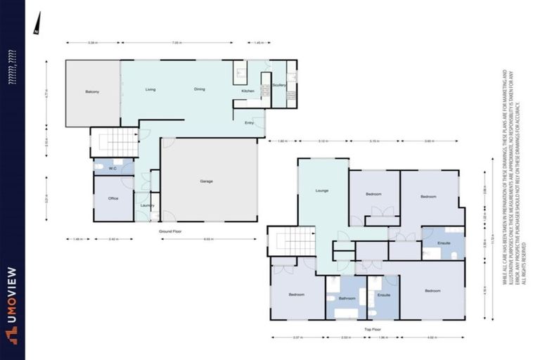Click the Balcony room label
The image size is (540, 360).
pos(92,92)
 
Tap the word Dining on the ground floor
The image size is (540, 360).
pos(200,89)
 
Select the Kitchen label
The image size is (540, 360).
pos(247,91)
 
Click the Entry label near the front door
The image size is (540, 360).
pos(249,123)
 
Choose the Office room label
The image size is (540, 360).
pos(113,198)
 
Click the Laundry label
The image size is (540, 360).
pos(147,205)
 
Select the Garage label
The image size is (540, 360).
pos(207,181)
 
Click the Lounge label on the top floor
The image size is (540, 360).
pos(322,191)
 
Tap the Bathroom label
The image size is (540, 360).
pos(347,298)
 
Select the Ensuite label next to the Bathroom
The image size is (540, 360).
pos(383,295)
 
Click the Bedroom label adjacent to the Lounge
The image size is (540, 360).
pos(373,193)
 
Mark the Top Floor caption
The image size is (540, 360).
pos(372,328)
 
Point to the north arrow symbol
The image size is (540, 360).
pos(35,24)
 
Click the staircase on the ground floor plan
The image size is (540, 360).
pos(113,141)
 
